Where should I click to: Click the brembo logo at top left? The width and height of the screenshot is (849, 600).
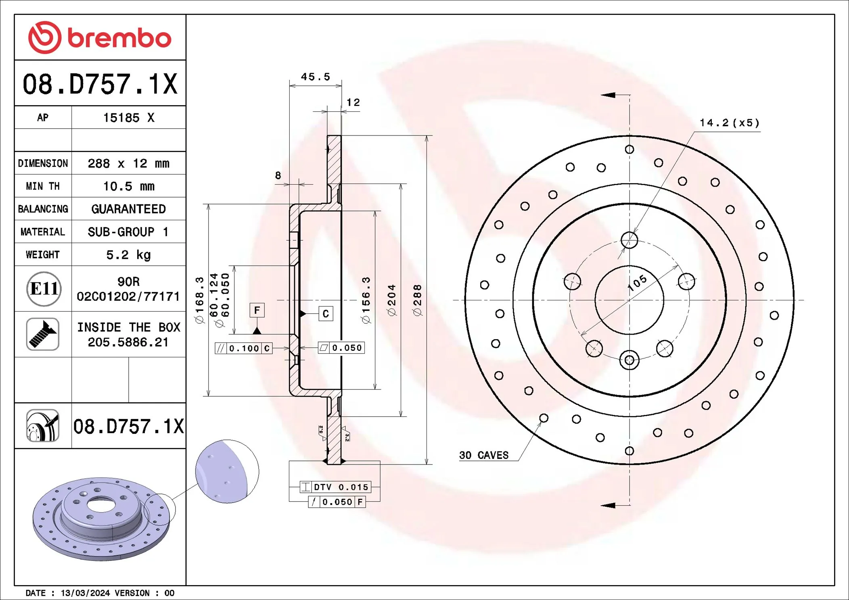click(100, 37)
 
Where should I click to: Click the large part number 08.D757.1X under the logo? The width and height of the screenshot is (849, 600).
click(100, 84)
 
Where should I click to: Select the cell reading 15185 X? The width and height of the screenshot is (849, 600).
click(128, 118)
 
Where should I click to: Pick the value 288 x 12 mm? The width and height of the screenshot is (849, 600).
click(128, 163)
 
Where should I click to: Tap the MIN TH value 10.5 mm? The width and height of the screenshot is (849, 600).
click(128, 186)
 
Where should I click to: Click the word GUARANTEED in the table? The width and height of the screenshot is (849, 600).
click(128, 209)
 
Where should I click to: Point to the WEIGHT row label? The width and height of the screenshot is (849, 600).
click(43, 255)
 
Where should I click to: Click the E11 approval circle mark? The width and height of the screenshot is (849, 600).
click(44, 289)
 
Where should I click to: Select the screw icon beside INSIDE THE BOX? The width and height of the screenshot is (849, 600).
click(43, 334)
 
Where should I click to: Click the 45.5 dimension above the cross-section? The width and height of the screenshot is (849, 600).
click(315, 77)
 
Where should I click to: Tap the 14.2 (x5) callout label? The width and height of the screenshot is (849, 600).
click(729, 123)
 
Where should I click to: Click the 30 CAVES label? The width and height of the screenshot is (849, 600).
click(483, 455)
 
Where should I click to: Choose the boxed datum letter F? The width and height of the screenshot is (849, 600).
click(257, 310)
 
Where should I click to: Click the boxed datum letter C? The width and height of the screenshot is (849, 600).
click(326, 314)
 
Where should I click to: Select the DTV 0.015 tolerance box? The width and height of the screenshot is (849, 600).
click(335, 487)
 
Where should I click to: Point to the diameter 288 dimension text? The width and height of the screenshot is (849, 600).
click(417, 300)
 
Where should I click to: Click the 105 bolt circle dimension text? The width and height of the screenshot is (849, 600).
click(637, 283)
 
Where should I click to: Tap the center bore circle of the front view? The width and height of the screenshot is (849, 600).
click(629, 300)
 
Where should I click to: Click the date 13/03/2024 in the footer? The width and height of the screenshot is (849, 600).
click(85, 593)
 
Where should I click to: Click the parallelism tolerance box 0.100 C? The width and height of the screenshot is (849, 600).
click(244, 348)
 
